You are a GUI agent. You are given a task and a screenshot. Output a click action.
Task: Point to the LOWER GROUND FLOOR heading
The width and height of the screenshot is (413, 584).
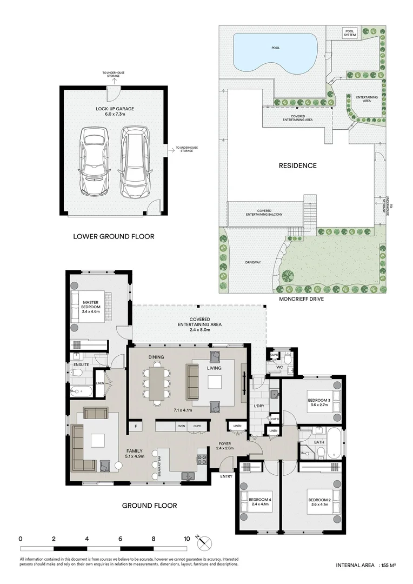[114, 236]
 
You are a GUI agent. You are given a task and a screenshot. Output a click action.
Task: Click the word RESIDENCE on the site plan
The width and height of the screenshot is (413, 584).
[297, 165]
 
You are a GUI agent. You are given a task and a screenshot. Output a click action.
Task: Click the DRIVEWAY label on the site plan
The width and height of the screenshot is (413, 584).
[254, 263]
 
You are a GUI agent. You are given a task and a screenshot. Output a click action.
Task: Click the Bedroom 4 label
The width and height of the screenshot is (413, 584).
[259, 501]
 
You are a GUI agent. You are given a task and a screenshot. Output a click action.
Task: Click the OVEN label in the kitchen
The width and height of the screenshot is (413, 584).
[181, 427]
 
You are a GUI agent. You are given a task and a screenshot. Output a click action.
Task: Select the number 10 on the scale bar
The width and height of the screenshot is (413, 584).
[186, 539]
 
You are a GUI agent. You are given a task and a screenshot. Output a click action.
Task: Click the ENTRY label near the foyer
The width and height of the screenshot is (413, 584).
[226, 476]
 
